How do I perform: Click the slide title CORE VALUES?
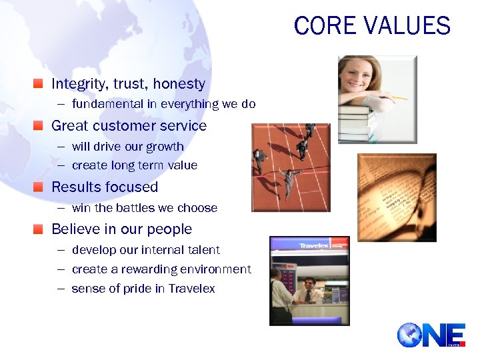pos(372,26)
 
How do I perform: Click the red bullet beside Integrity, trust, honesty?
pos(39,84)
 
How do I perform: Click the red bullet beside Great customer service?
pos(39,126)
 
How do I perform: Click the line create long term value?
pos(134,165)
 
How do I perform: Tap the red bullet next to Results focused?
pos(39,187)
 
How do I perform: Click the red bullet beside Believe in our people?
pos(39,229)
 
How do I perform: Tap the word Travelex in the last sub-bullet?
pos(191,289)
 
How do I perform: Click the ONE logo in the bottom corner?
pos(431,335)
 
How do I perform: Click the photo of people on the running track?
pos(291,167)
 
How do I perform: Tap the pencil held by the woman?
pos(399,98)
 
